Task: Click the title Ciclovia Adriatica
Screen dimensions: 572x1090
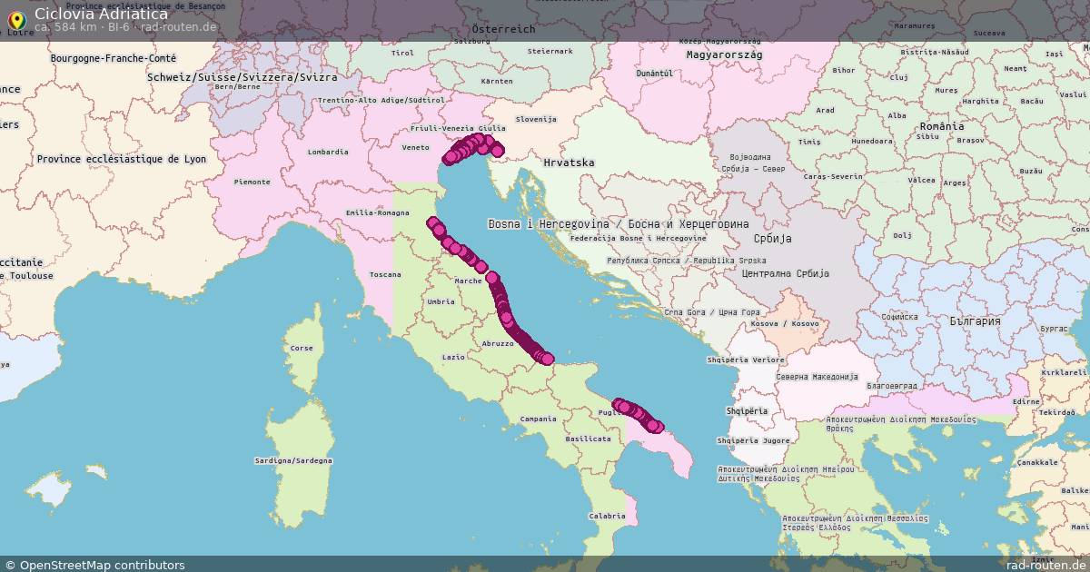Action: [101, 14]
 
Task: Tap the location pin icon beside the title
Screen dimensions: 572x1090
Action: [15, 19]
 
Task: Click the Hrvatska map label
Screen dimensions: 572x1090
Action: [569, 163]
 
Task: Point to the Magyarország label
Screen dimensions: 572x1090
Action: [724, 54]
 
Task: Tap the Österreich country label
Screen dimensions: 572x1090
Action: [503, 29]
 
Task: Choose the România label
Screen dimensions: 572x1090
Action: [941, 126]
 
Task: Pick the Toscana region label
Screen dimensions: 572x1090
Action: [386, 274]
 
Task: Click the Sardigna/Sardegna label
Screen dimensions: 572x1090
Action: [293, 460]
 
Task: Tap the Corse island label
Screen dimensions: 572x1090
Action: [301, 348]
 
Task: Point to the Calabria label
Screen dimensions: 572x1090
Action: [606, 516]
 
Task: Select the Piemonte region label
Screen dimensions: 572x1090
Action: [253, 182]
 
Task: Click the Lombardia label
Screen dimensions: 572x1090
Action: [328, 152]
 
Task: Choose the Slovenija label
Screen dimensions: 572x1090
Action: [536, 119]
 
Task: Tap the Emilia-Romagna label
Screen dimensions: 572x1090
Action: [377, 213]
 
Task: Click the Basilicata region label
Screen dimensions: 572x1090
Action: [588, 439]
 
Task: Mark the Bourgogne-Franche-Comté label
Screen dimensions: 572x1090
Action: [114, 58]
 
